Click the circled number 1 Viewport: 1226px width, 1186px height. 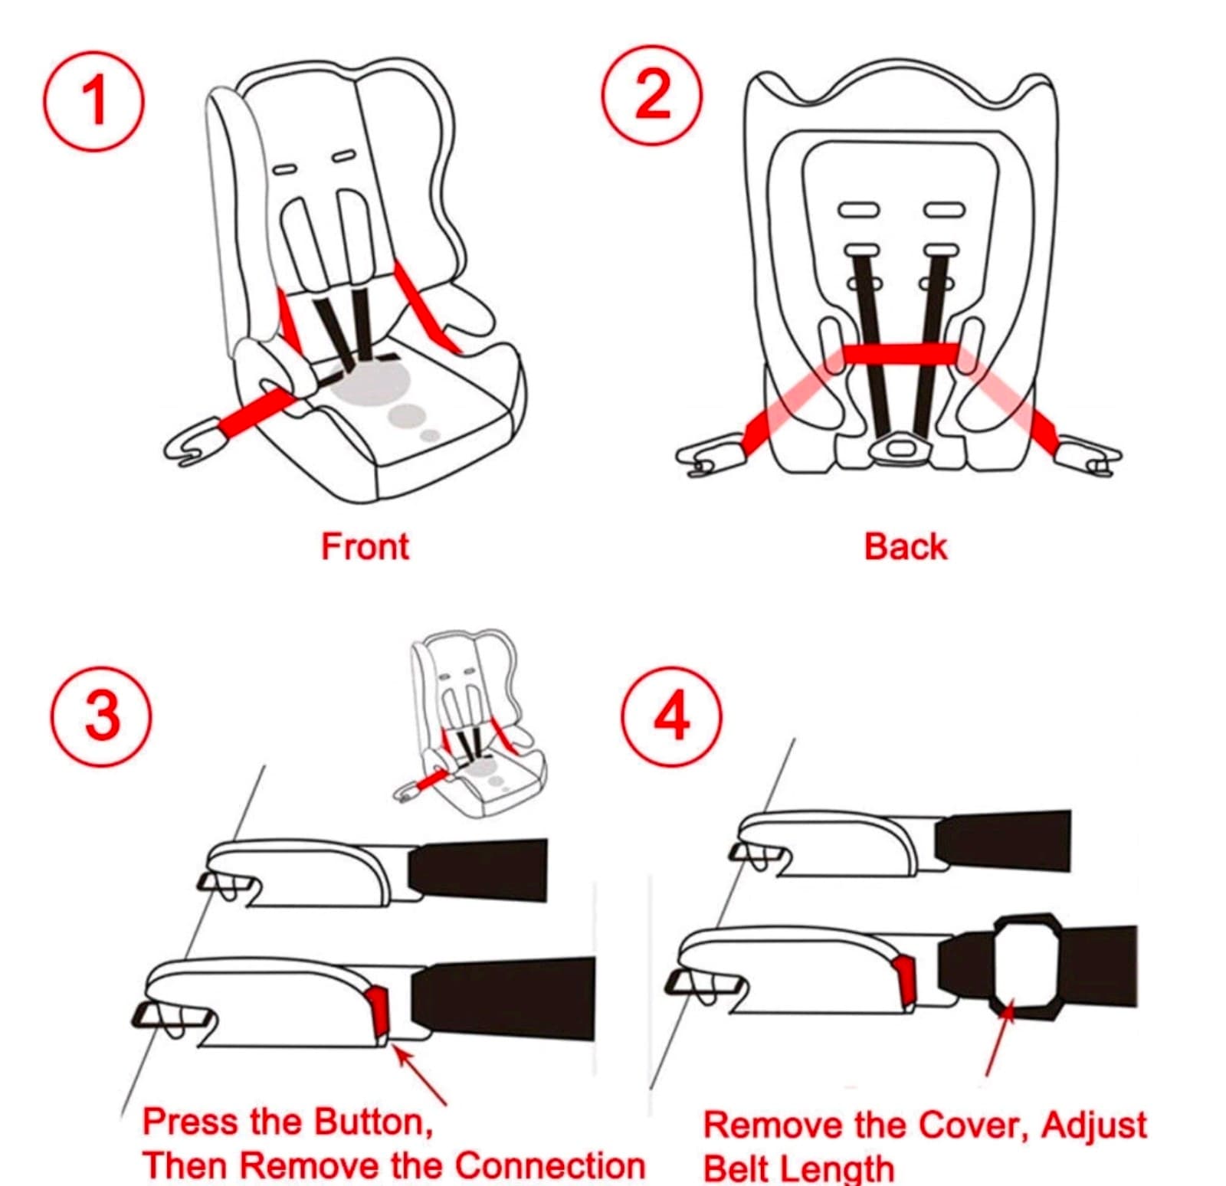[93, 100]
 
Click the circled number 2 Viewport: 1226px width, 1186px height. [652, 96]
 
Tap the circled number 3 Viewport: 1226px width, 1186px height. [102, 716]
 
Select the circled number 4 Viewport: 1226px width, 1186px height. [671, 716]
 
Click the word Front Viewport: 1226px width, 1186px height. [365, 547]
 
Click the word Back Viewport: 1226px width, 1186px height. [905, 547]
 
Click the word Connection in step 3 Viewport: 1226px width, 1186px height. [549, 1165]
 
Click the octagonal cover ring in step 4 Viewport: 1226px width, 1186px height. [1027, 928]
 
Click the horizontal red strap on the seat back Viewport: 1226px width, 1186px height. [900, 353]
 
